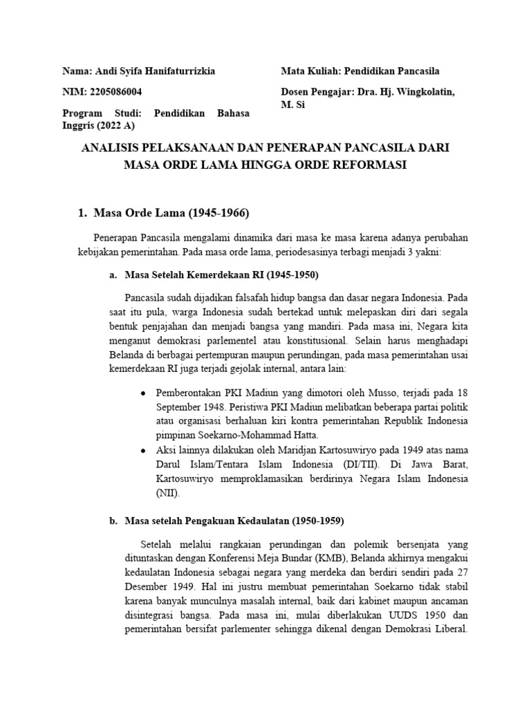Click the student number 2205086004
[x=113, y=91]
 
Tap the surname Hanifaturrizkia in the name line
[x=178, y=71]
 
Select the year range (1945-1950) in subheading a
[x=284, y=274]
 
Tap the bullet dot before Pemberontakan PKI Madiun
[x=142, y=392]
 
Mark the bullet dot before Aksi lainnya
[x=142, y=450]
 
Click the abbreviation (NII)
[x=168, y=494]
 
